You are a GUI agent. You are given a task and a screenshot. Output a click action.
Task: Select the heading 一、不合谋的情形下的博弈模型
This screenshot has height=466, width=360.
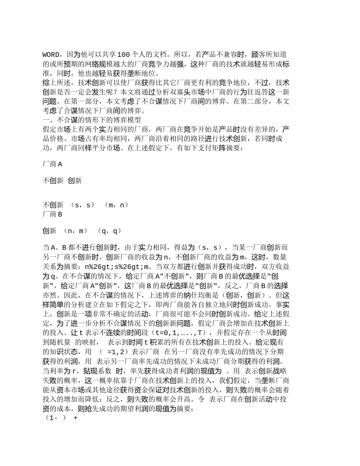click(92, 120)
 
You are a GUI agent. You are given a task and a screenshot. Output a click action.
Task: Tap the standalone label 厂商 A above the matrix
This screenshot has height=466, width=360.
click(52, 164)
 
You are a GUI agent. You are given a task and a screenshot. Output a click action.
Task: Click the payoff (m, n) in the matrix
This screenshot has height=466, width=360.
click(116, 205)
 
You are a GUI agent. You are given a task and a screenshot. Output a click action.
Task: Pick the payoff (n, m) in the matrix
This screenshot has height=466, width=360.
click(75, 231)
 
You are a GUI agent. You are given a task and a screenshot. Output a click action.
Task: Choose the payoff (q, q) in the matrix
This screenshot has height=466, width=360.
click(110, 231)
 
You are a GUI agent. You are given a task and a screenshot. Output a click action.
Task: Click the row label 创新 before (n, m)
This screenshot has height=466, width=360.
click(49, 231)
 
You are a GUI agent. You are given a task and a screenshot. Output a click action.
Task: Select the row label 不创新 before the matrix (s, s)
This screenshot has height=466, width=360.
click(53, 205)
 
